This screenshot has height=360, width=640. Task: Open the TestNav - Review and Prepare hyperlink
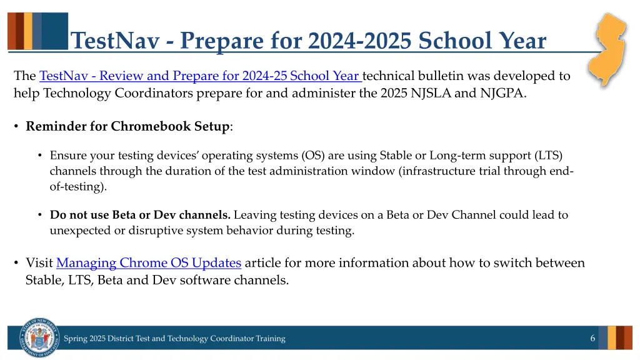point(200,76)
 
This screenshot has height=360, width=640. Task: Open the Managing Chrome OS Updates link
point(149,263)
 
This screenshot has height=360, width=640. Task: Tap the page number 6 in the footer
point(592,338)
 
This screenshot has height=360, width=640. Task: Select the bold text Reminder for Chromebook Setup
point(127,126)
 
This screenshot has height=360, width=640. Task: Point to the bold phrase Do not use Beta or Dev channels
point(140,215)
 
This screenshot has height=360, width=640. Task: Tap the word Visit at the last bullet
point(39,263)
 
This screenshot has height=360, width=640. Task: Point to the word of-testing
point(76,186)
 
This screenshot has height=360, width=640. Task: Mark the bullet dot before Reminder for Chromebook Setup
point(16,126)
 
